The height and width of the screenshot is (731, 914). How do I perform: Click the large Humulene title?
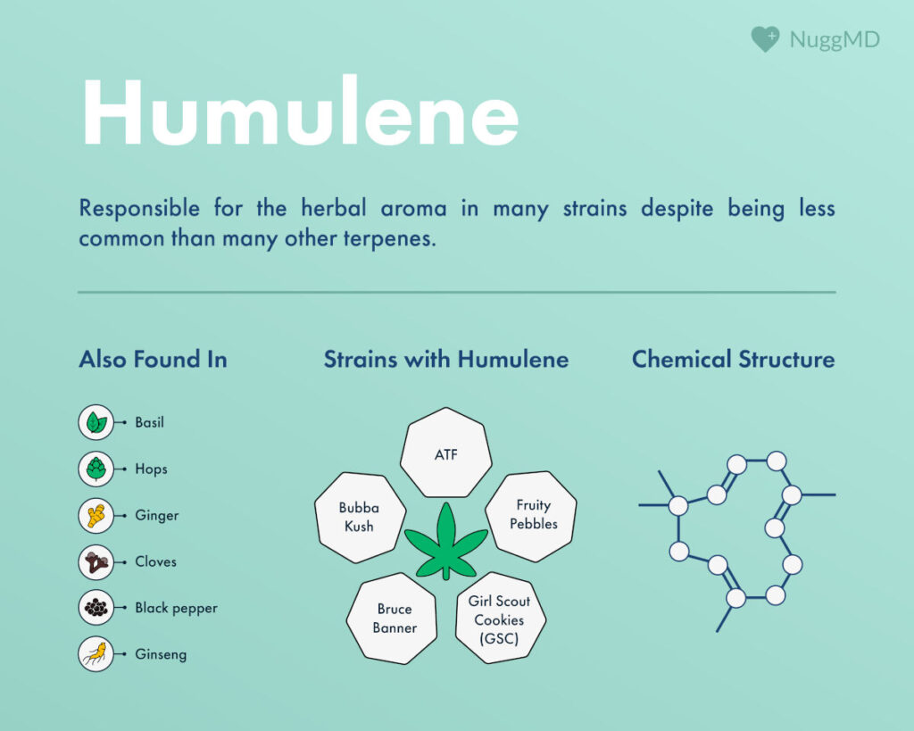click(299, 113)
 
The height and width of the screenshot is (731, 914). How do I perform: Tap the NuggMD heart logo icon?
click(764, 39)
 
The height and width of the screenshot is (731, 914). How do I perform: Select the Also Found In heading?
click(153, 360)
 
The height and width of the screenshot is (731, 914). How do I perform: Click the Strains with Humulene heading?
click(445, 360)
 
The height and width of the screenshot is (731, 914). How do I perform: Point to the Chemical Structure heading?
click(733, 360)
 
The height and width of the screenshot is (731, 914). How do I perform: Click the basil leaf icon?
click(96, 422)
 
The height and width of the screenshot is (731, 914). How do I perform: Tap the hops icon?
click(96, 469)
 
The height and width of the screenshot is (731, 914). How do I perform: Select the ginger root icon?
click(96, 515)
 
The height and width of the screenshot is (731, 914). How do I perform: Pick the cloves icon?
click(96, 561)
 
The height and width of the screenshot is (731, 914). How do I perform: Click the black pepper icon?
click(96, 608)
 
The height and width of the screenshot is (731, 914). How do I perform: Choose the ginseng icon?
click(96, 654)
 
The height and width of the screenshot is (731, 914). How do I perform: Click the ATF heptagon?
click(445, 453)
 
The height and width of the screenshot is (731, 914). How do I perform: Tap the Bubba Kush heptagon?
click(359, 517)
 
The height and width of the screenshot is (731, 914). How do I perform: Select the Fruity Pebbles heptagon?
click(531, 515)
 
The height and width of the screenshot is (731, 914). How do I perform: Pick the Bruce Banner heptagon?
click(395, 618)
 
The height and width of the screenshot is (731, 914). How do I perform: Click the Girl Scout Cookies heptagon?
click(499, 619)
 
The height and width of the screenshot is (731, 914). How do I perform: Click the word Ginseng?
click(161, 654)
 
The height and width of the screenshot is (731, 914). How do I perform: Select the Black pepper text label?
click(176, 608)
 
